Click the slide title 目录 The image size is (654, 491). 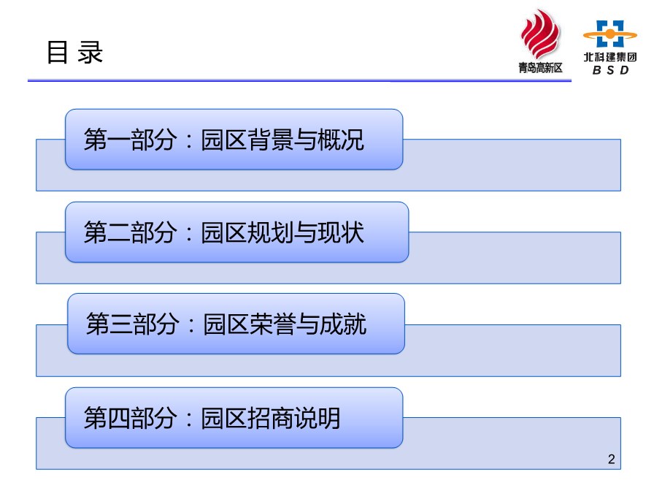74,53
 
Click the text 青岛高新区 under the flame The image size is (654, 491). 540,68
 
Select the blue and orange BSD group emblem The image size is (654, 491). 609,34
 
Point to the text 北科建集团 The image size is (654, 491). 609,57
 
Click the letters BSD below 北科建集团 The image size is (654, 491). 610,69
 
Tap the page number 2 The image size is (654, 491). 612,460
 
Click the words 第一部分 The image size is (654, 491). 130,140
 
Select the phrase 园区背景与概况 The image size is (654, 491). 282,140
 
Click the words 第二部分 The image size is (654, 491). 130,232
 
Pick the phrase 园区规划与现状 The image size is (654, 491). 282,232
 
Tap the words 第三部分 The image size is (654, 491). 133,324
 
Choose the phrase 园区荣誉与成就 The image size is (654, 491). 285,324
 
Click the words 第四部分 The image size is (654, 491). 130,418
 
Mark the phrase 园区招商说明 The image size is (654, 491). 271,418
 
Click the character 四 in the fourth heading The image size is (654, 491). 119,418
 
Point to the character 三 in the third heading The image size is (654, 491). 121,324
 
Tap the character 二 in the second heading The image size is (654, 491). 119,232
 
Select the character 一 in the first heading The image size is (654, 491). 119,140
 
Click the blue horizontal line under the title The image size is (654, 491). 299,80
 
